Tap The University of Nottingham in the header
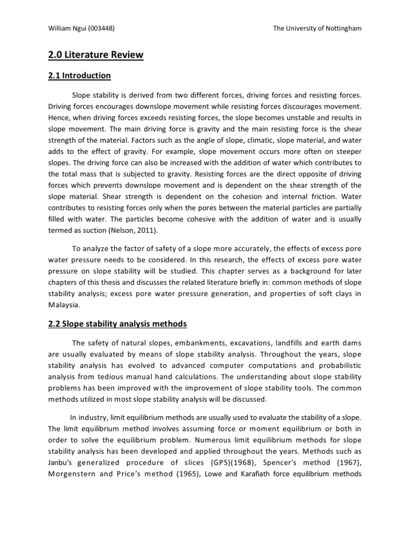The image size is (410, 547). pos(317,28)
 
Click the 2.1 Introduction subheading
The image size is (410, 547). pos(80,76)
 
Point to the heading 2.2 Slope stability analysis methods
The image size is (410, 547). pos(117,324)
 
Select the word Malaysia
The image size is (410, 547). pos(64,304)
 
